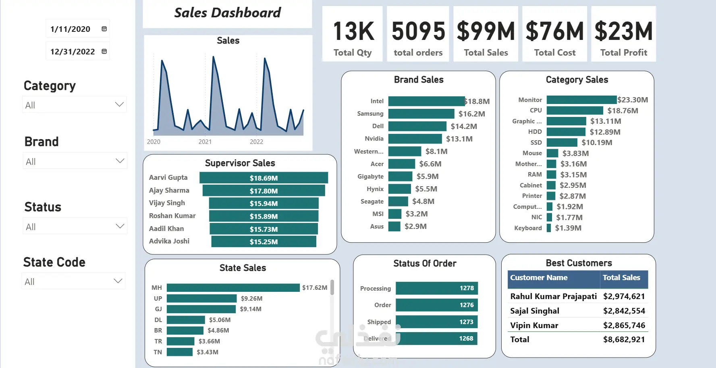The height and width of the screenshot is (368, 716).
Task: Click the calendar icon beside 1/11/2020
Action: click(104, 29)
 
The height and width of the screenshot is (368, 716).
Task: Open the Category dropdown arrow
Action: click(119, 104)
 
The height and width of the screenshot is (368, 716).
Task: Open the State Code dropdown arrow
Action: click(118, 281)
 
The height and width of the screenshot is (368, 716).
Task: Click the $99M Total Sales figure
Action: click(486, 31)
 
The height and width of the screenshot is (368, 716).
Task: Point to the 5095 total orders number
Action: click(418, 31)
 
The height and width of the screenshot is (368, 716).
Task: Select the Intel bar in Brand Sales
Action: click(426, 101)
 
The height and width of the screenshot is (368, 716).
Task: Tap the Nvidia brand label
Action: click(374, 139)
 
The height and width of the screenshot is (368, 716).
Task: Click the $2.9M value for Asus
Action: click(415, 227)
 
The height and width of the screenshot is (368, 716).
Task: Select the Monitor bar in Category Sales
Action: click(581, 100)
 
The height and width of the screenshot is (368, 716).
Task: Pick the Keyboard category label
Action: click(528, 228)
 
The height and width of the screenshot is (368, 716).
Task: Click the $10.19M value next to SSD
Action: click(597, 143)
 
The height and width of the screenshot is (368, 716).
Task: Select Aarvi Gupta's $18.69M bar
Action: click(264, 178)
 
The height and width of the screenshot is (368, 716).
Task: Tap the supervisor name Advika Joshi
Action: click(169, 241)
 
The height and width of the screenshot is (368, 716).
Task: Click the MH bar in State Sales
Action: click(233, 288)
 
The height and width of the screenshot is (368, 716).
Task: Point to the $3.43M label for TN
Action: click(208, 352)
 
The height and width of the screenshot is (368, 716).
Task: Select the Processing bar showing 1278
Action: click(437, 288)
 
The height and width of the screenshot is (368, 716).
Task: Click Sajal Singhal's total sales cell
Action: click(624, 311)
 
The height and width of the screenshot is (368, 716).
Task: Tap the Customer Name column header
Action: click(539, 278)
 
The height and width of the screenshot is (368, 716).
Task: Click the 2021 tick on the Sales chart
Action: click(205, 142)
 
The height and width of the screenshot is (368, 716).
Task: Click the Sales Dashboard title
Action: click(227, 13)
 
